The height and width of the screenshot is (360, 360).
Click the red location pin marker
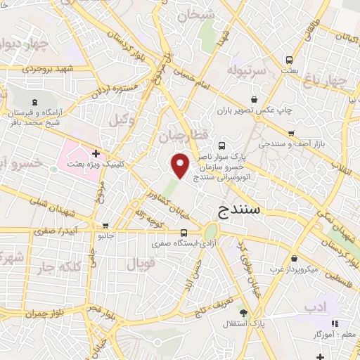pyautogui.click(x=181, y=165)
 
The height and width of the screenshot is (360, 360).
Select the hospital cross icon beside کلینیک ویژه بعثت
pyautogui.click(x=96, y=153)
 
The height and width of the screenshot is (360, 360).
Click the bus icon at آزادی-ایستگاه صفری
pyautogui.click(x=184, y=233)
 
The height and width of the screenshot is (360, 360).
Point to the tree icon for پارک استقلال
pyautogui.click(x=244, y=313)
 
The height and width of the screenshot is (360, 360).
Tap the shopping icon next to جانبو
pyautogui.click(x=105, y=226)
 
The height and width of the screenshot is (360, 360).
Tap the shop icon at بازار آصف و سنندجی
pyautogui.click(x=290, y=132)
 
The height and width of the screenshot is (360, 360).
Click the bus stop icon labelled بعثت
pyautogui.click(x=288, y=60)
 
